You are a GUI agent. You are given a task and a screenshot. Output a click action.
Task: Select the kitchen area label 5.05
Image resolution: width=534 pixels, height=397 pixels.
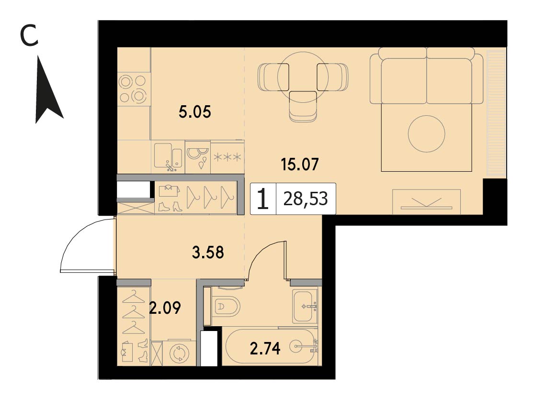pos(195,111)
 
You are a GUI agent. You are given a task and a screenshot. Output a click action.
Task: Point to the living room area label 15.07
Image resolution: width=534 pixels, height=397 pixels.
pos(300,164)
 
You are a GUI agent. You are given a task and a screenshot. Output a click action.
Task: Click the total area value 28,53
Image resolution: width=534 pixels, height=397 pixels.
pos(306,199)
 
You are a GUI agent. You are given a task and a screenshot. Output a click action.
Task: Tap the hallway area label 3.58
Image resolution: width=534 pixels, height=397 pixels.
pos(208,253)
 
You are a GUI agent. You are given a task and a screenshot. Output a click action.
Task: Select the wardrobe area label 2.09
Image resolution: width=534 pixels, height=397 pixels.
pos(165,308)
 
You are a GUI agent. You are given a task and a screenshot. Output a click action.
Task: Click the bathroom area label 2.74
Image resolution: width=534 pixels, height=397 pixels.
pos(265,349)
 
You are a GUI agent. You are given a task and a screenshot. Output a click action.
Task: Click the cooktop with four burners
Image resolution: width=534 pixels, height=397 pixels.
pos(133,89)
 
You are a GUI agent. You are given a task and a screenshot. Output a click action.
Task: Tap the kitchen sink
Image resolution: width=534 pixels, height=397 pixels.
pos(168,156)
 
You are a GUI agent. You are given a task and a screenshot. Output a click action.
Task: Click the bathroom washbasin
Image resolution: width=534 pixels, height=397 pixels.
pos(305,306)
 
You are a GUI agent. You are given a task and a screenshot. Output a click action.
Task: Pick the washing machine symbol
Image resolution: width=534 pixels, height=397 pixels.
pos(179,353)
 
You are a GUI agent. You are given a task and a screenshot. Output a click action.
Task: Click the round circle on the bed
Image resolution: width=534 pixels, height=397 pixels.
pos(426,134)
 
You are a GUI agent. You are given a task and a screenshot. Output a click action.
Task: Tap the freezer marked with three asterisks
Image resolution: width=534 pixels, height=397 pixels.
pos(227,157)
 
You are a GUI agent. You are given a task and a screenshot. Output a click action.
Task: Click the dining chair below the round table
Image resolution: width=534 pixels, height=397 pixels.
pos(303,106)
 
